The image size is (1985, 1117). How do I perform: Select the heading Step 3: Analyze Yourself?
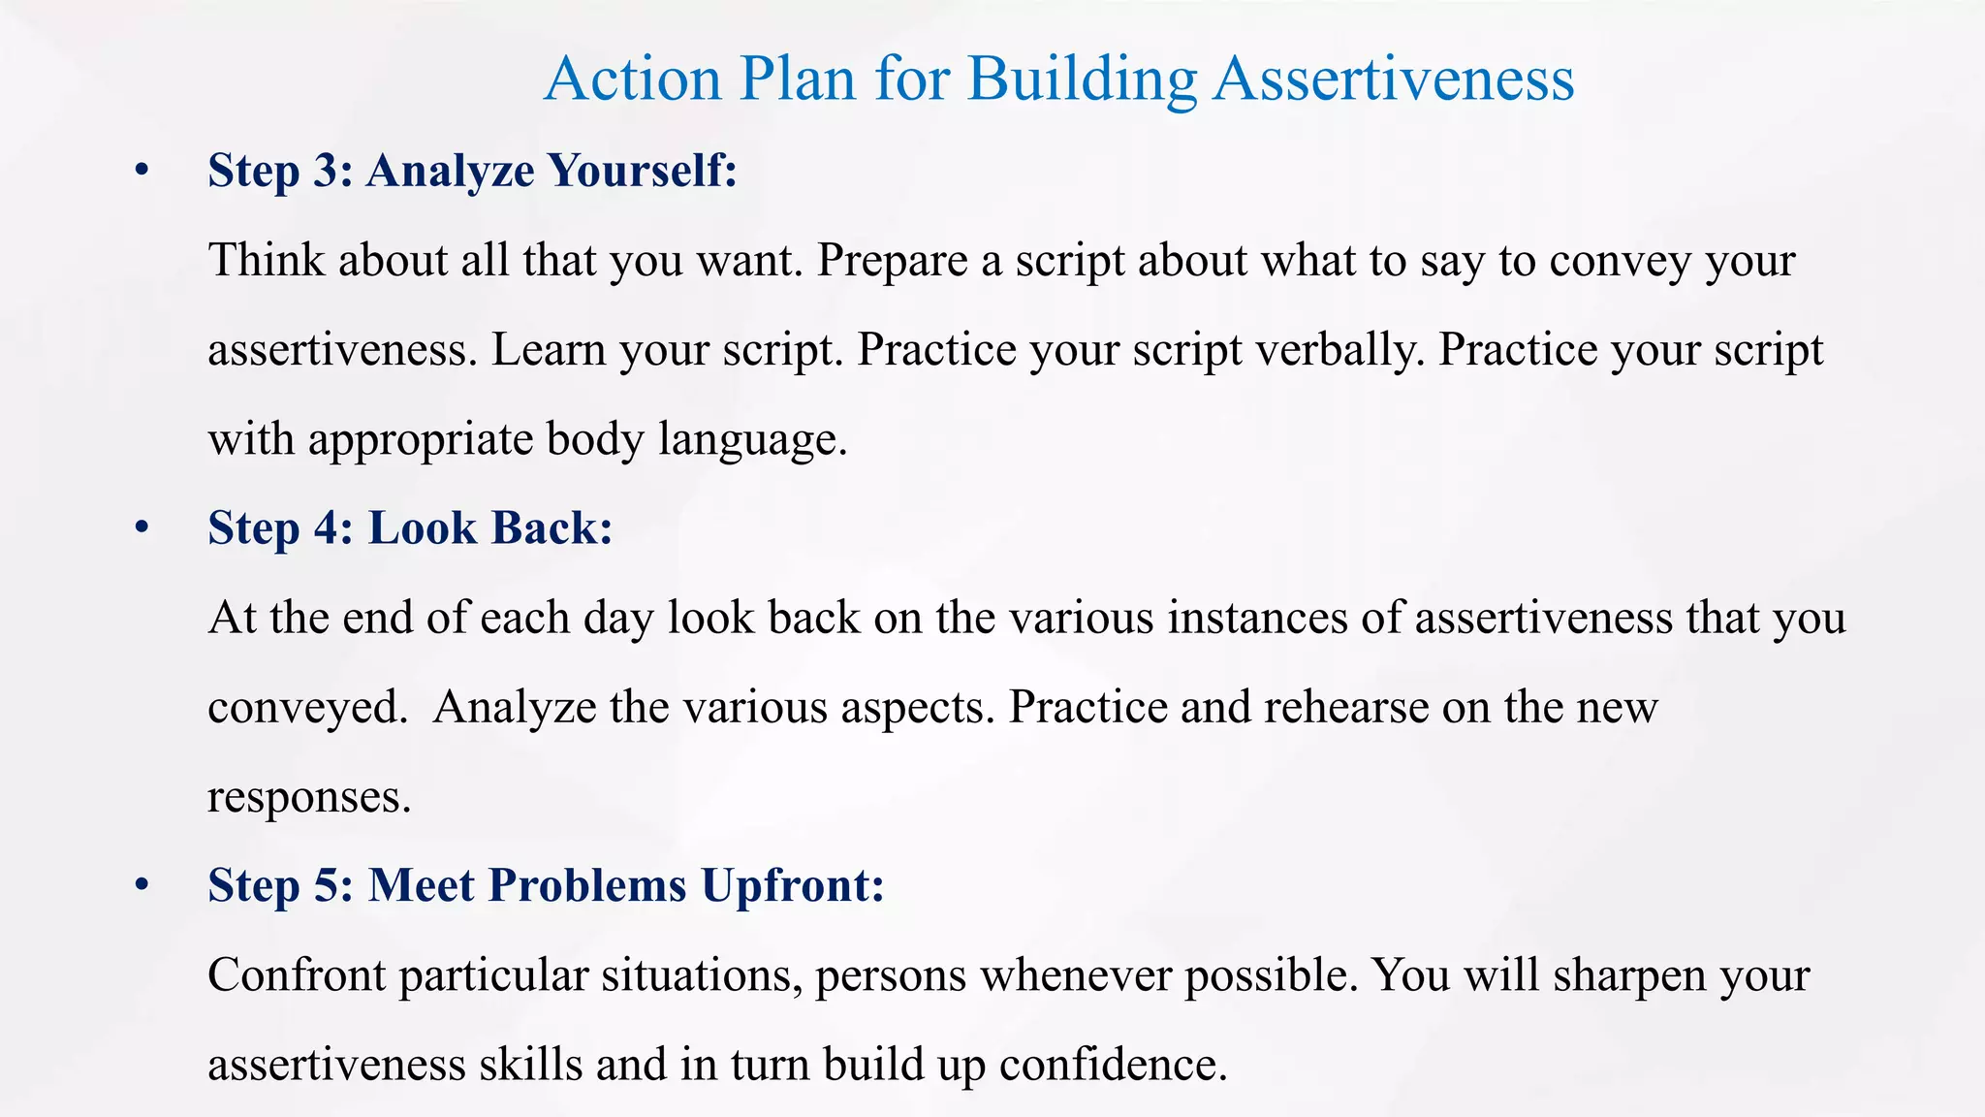tap(472, 171)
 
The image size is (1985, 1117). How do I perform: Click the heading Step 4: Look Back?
tap(410, 528)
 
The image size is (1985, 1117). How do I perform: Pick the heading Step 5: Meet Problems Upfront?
tap(546, 885)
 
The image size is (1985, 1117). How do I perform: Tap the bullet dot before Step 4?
tap(142, 529)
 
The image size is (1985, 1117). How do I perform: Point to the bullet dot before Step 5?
tap(142, 886)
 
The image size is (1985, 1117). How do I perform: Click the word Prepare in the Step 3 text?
tap(892, 260)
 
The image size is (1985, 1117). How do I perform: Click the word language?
tap(753, 439)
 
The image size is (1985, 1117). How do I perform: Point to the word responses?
tap(309, 797)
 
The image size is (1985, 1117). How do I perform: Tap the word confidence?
tap(1113, 1065)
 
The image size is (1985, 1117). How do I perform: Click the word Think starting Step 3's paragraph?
tap(267, 260)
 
